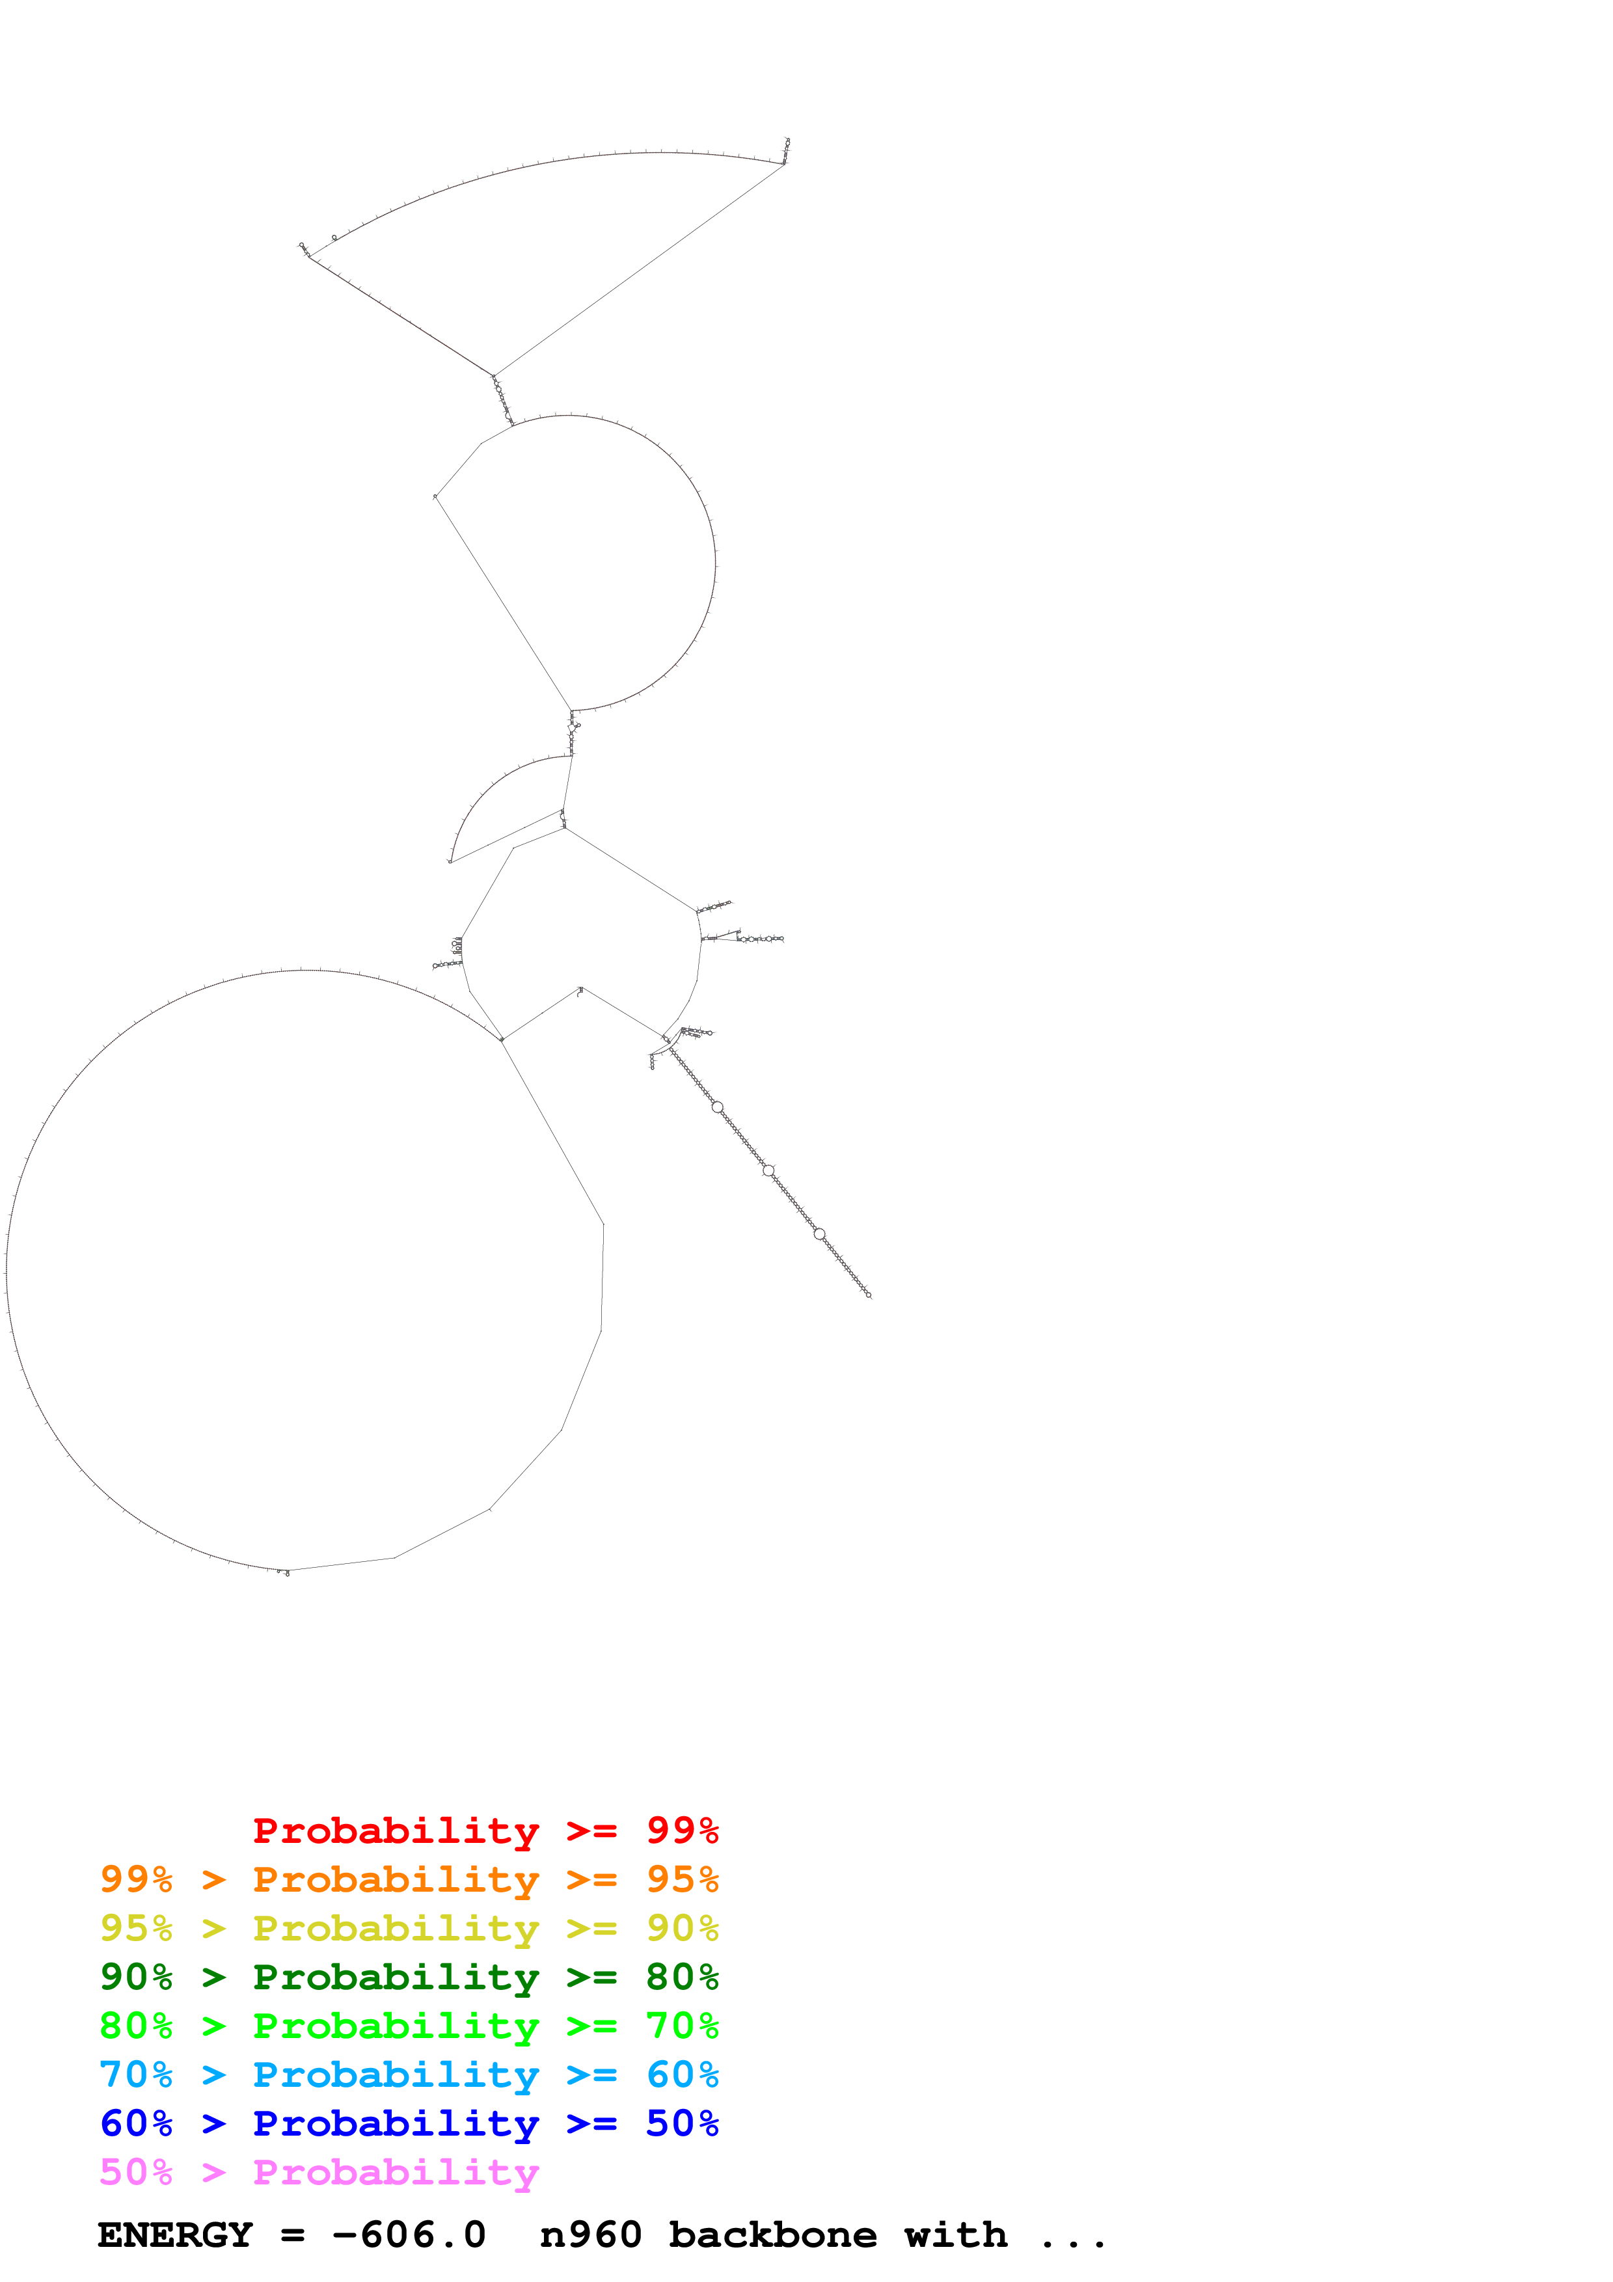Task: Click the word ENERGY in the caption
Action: coord(175,2235)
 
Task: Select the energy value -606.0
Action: coord(409,2235)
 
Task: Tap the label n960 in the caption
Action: coord(590,2235)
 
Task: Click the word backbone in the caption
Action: coord(772,2235)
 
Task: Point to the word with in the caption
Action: coord(955,2235)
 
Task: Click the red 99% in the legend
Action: coord(682,1830)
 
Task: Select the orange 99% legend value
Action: coord(136,1879)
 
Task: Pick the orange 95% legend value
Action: coord(682,1879)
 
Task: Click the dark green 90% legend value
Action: coord(136,1977)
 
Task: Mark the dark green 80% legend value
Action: coord(682,1977)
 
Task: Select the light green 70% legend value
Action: coord(682,2026)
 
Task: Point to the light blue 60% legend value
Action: coord(682,2074)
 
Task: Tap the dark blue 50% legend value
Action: coord(682,2123)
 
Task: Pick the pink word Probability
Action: coord(396,2173)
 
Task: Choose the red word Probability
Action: coord(396,1831)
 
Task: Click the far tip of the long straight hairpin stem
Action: coord(869,1296)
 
